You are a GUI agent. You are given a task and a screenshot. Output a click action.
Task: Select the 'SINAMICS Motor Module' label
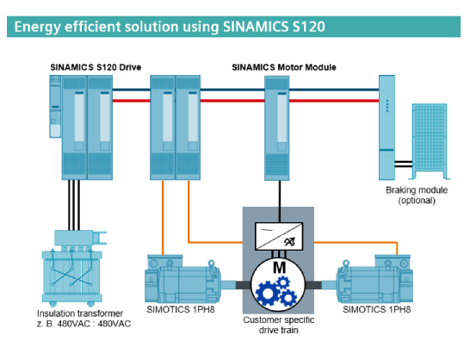click(283, 65)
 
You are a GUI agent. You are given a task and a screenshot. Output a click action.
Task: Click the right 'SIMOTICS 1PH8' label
click(376, 307)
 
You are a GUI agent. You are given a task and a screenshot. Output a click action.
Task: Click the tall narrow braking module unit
click(387, 126)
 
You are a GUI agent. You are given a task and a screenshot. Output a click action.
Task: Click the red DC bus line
click(327, 100)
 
